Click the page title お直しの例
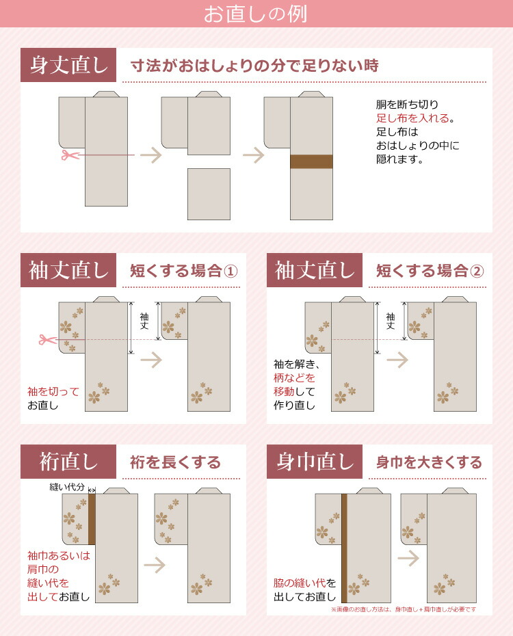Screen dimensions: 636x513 tap(256, 14)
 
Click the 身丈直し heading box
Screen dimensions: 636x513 tap(68, 66)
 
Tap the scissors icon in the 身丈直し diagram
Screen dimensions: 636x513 tap(68, 155)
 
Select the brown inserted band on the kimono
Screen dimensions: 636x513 tap(311, 161)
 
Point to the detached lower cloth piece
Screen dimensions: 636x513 tap(209, 194)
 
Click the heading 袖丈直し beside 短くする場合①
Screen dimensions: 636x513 tap(68, 270)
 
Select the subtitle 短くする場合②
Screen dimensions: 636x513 tap(430, 271)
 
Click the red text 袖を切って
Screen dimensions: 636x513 tap(53, 392)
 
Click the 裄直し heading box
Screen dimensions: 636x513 tap(68, 462)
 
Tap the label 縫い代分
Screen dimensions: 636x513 tap(67, 487)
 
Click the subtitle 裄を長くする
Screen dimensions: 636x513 tap(175, 462)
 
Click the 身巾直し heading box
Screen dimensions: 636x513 tap(315, 462)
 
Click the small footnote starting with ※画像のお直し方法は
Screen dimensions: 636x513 tap(403, 609)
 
